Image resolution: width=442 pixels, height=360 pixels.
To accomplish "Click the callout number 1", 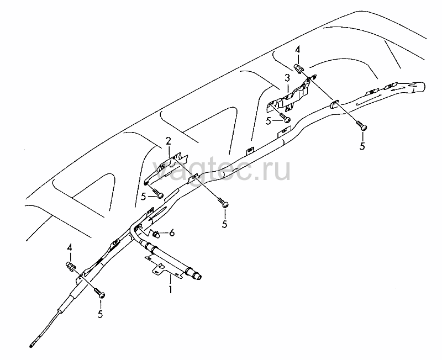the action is [170, 289].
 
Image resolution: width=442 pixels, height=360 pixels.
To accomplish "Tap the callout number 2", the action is [169, 141].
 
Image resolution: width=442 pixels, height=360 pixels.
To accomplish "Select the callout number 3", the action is [287, 78].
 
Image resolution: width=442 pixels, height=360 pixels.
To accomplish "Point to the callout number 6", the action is [172, 233].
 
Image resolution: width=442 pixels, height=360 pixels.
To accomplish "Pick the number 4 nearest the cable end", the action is [70, 248].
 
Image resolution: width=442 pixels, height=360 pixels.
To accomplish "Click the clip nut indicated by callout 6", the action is [156, 234].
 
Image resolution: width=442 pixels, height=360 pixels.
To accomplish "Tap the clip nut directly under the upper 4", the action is [299, 68].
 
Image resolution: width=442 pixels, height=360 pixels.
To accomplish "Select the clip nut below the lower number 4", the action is [70, 266].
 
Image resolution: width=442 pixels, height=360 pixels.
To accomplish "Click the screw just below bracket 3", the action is [285, 118].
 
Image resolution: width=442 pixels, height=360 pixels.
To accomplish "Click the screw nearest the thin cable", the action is [99, 293].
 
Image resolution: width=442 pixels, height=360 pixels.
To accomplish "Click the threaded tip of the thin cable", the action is [31, 345].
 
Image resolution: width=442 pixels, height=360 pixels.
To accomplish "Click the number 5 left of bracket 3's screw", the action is [268, 121].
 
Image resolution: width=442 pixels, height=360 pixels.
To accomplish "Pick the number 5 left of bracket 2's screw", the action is [144, 197].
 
